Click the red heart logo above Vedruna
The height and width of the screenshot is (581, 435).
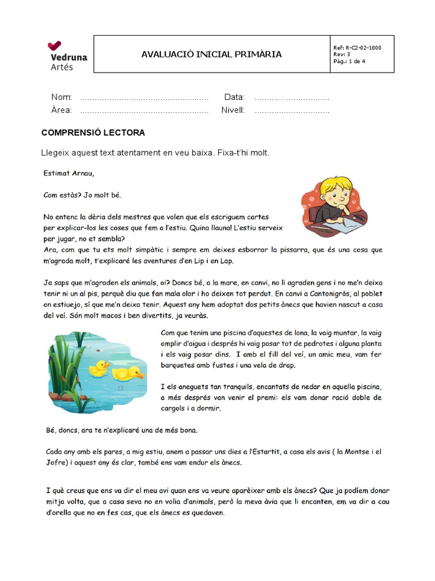55,45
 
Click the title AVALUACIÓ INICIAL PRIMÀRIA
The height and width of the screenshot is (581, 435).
211,54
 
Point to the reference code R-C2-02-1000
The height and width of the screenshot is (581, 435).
362,48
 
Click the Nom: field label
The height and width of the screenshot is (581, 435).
62,97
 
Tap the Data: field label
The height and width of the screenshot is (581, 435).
234,97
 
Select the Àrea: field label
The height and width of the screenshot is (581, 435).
62,110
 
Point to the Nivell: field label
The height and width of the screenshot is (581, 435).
233,110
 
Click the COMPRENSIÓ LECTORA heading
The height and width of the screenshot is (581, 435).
93,133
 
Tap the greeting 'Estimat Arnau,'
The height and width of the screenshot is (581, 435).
69,173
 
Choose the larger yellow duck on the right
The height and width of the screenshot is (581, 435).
128,372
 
